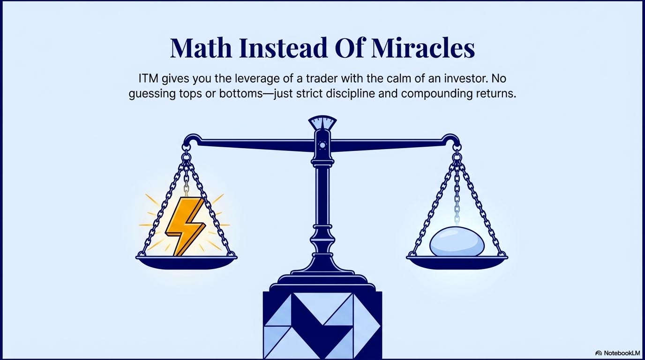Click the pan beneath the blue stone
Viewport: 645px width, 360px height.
coord(457,262)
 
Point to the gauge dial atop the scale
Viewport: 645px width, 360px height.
coord(322,123)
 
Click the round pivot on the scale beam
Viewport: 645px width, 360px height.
coord(322,145)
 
